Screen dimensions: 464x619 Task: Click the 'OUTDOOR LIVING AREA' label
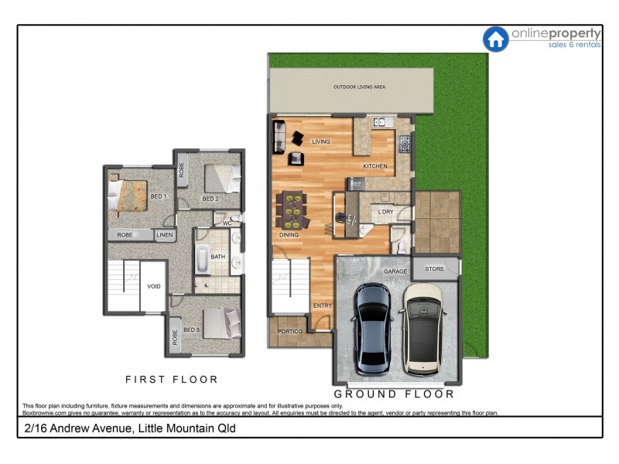[x=359, y=87]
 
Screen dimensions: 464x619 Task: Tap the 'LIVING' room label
[x=321, y=142]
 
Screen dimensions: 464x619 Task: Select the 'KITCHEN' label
[x=375, y=166]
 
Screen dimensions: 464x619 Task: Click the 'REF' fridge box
[x=357, y=184]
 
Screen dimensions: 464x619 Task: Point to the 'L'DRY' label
[x=385, y=212]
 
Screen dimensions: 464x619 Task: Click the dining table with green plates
[x=292, y=210]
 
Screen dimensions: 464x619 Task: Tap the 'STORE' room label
[x=435, y=269]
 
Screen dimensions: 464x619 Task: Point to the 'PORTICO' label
[x=290, y=332]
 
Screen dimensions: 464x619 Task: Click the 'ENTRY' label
[x=322, y=305]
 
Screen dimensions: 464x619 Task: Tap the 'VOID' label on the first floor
[x=154, y=286]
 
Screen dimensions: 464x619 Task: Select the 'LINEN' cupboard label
[x=165, y=234]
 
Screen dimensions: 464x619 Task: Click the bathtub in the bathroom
[x=202, y=259]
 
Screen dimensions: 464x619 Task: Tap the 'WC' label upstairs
[x=227, y=223]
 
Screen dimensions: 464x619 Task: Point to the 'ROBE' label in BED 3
[x=175, y=337]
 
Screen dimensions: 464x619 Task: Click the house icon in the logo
[x=495, y=39]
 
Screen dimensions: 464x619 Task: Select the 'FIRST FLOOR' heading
[x=172, y=380]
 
